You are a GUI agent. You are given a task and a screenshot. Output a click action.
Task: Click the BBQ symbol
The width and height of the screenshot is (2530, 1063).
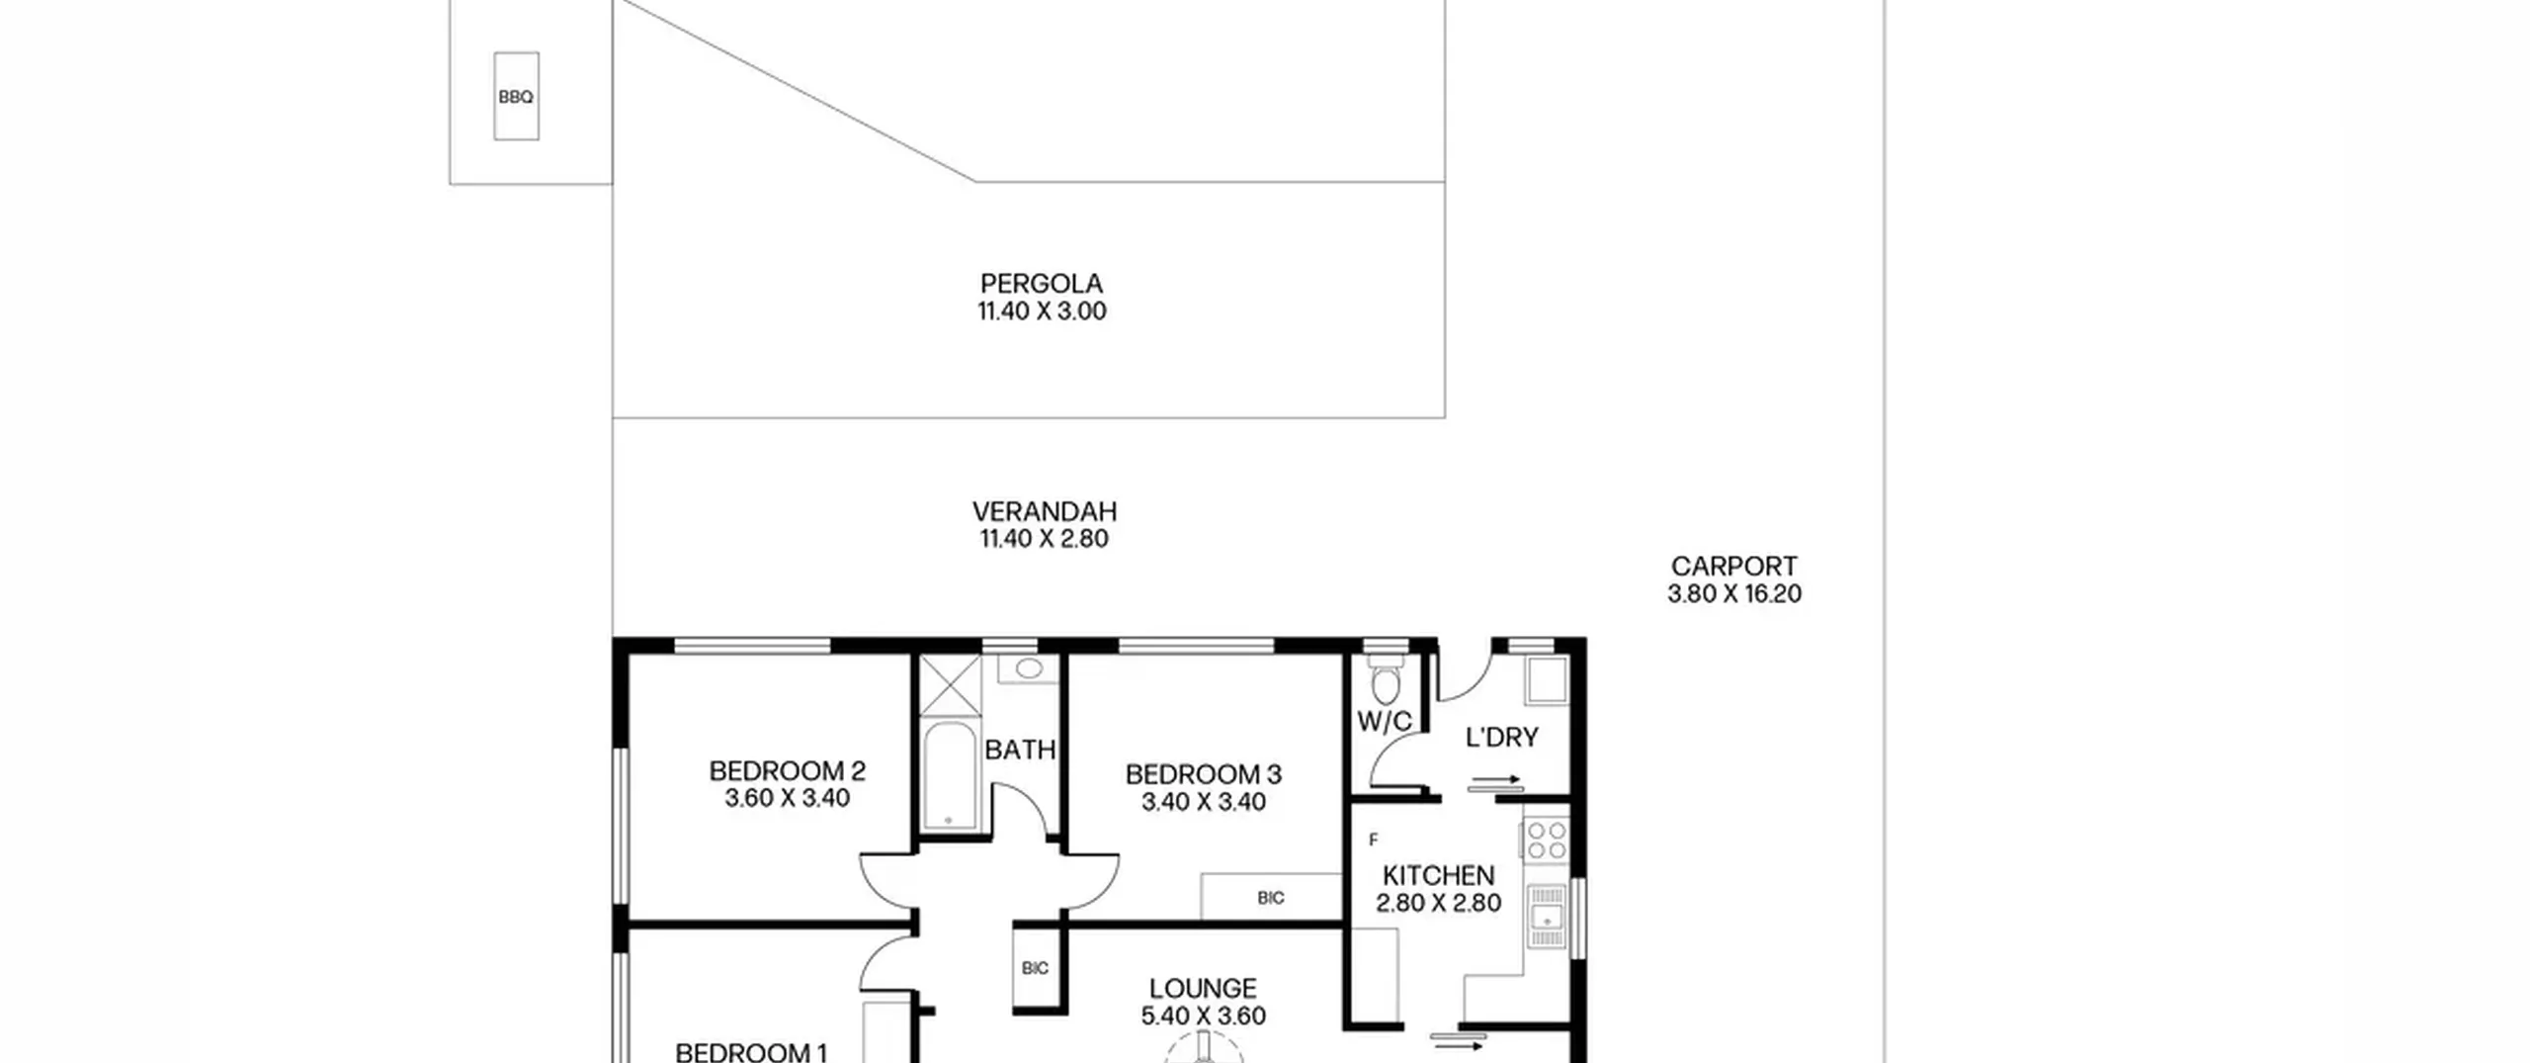click(516, 96)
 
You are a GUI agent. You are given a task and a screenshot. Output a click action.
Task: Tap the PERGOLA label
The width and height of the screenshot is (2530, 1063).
click(1042, 284)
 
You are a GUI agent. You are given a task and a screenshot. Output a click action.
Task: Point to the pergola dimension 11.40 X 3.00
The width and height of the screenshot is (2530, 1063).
click(1042, 311)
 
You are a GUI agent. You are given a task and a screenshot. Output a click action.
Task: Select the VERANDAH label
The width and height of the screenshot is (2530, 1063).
click(1044, 511)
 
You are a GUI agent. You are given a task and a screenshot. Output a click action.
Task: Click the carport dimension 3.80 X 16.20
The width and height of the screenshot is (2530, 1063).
click(1734, 594)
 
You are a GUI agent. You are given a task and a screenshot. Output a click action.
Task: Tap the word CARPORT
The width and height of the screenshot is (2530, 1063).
click(1734, 567)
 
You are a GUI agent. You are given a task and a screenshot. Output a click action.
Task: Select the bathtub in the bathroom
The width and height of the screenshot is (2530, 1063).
click(949, 775)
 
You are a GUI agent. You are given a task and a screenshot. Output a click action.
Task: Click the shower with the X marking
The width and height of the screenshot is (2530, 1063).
click(951, 684)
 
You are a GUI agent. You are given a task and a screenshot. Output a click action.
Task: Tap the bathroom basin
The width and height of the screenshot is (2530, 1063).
click(1029, 669)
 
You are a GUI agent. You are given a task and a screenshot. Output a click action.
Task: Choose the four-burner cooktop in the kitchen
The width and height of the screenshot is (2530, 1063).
click(1547, 840)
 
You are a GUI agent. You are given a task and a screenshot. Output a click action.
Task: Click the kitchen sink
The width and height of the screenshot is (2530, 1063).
click(1547, 916)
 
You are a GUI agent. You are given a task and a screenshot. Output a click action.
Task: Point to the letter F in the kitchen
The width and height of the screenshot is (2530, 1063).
click(1373, 841)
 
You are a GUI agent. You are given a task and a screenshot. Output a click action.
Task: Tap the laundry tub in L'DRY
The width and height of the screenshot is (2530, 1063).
click(1547, 679)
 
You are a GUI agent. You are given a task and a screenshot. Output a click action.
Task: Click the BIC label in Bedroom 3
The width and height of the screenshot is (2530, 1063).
click(1271, 898)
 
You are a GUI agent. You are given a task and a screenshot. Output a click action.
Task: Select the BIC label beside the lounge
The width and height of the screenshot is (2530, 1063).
click(1035, 968)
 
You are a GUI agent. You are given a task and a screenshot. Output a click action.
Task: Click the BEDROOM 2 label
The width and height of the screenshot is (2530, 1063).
click(788, 770)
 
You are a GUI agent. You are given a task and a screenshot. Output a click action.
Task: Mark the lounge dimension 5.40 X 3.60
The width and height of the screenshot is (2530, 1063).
click(1204, 1016)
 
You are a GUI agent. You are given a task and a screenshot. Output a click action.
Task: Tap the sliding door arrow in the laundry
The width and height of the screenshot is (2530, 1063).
click(1494, 784)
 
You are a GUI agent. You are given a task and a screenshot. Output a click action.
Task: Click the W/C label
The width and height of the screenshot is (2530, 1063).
click(1385, 722)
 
